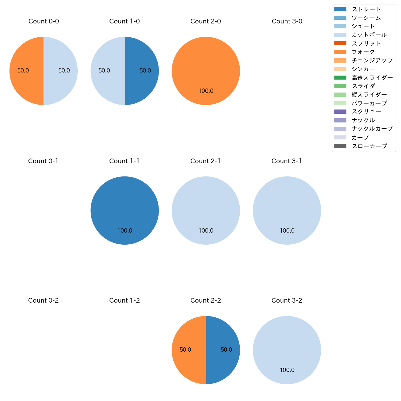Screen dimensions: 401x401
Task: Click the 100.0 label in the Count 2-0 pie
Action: point(206,91)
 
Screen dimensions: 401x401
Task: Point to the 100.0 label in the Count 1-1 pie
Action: point(125,230)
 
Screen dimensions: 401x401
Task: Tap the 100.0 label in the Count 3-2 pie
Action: point(287,370)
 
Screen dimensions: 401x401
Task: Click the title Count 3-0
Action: point(287,21)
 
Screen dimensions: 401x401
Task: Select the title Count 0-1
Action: point(43,161)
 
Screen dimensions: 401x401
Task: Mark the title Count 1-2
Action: point(125,300)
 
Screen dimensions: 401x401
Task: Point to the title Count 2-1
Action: point(205,161)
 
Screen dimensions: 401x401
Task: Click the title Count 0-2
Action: point(43,300)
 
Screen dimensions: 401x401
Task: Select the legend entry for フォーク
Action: point(363,52)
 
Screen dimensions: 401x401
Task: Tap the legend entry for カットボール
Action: point(369,35)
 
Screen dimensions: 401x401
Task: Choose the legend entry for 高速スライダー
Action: point(372,78)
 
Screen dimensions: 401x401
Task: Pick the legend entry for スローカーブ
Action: point(369,146)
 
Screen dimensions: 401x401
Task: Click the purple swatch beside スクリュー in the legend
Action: point(340,112)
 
